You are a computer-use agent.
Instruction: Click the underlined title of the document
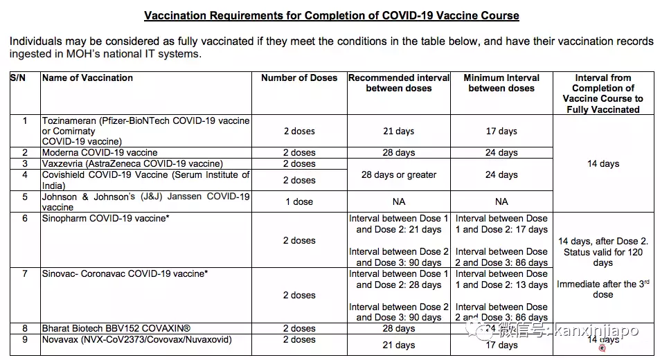[x=331, y=15]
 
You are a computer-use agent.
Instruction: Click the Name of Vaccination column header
[x=87, y=78]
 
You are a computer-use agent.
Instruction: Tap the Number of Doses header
[x=299, y=78]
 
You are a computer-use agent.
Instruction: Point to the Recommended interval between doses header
[x=399, y=83]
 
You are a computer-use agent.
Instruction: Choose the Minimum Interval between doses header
[x=501, y=83]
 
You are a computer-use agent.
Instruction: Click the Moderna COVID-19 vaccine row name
[x=100, y=152]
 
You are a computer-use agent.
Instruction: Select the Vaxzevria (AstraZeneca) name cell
[x=132, y=163]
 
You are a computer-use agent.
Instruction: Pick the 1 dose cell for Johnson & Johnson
[x=299, y=201]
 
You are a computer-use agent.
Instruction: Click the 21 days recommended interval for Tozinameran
[x=399, y=131]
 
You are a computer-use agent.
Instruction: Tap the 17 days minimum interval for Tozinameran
[x=501, y=131]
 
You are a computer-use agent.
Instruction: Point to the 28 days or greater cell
[x=399, y=174]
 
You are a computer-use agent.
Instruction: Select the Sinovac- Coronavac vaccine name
[x=125, y=273]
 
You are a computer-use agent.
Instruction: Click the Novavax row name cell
[x=136, y=340]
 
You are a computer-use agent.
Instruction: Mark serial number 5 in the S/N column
[x=25, y=197]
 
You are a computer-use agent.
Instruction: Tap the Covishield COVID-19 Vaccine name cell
[x=145, y=179]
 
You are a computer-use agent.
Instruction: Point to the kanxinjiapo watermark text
[x=593, y=332]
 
